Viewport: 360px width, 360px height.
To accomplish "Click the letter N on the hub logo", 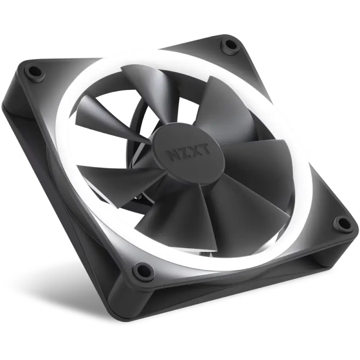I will (x=172, y=155).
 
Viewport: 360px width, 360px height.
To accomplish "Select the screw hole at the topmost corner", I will (x=230, y=45).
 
